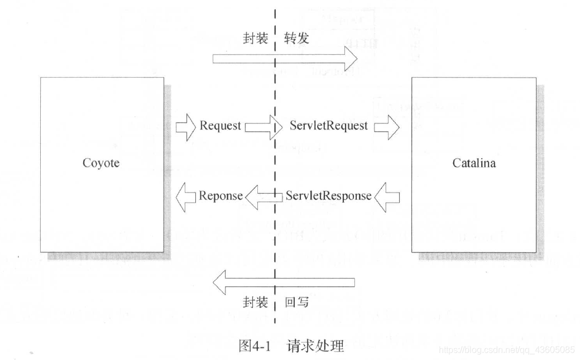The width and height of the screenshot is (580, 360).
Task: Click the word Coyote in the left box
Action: coord(101,164)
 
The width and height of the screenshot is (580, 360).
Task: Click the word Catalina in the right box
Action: coord(473,164)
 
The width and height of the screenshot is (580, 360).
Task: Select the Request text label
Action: coord(220,126)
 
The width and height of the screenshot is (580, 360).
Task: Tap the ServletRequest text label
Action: coord(328,126)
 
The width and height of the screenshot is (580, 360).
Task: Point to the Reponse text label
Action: coord(221,196)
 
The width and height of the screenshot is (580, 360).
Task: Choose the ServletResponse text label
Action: coord(328,196)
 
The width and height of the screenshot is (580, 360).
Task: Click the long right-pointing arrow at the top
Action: coord(285,58)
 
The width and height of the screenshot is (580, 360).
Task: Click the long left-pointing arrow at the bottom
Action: coord(285,281)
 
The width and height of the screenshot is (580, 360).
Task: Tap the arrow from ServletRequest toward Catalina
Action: coord(387,127)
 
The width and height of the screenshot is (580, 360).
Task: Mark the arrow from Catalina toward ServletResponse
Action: coord(387,196)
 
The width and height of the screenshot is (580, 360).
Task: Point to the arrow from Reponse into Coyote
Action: coord(186,196)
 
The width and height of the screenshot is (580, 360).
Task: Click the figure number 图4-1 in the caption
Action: coord(254,345)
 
